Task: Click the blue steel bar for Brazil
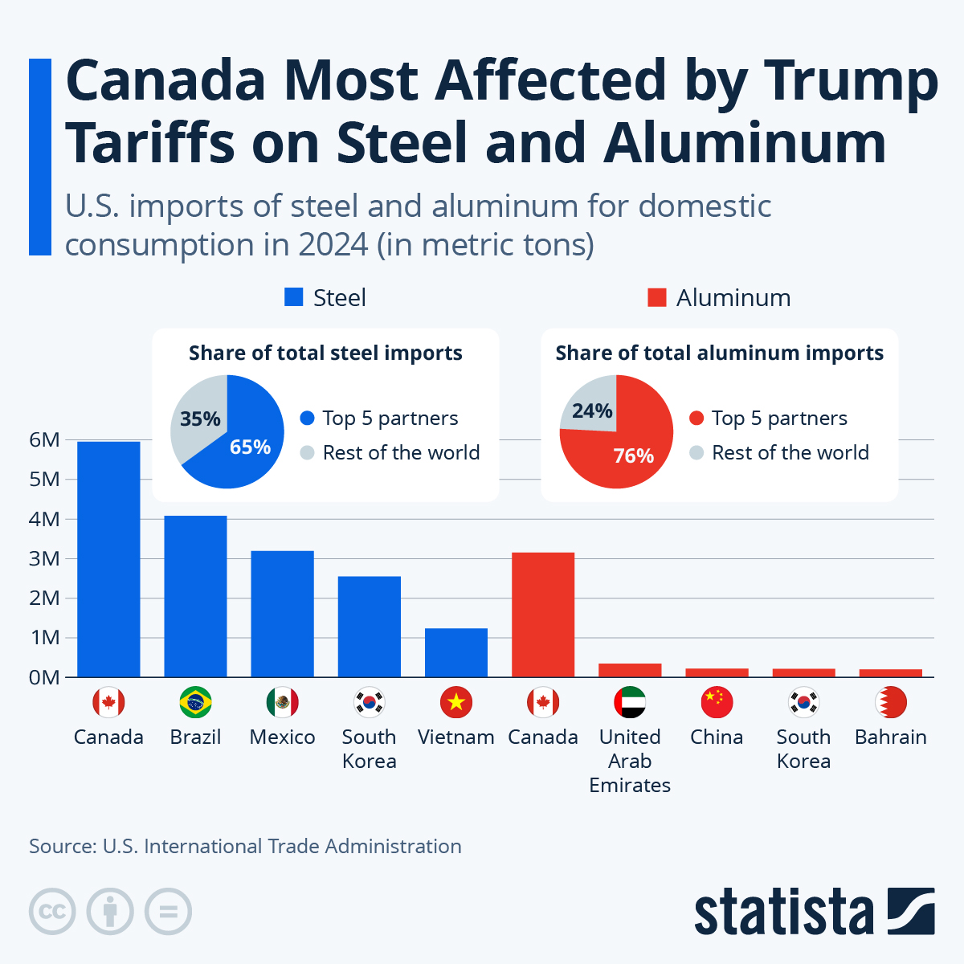click(x=195, y=596)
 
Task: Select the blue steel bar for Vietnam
click(x=455, y=652)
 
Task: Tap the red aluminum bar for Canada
click(x=543, y=615)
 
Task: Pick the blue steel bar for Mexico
click(x=282, y=614)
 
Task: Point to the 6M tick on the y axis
click(x=45, y=440)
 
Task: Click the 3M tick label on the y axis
click(x=45, y=558)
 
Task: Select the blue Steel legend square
click(x=294, y=298)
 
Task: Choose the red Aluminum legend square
click(x=657, y=298)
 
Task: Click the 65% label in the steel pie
click(x=250, y=447)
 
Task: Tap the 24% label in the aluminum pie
click(x=592, y=411)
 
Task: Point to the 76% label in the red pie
click(x=633, y=455)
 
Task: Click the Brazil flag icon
click(x=195, y=703)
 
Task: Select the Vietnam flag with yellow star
click(x=455, y=703)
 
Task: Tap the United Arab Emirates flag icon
click(x=630, y=703)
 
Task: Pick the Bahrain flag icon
click(x=890, y=703)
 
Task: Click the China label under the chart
click(x=717, y=737)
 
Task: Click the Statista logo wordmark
click(x=783, y=912)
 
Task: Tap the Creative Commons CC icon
click(x=52, y=912)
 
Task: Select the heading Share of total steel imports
click(x=325, y=353)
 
